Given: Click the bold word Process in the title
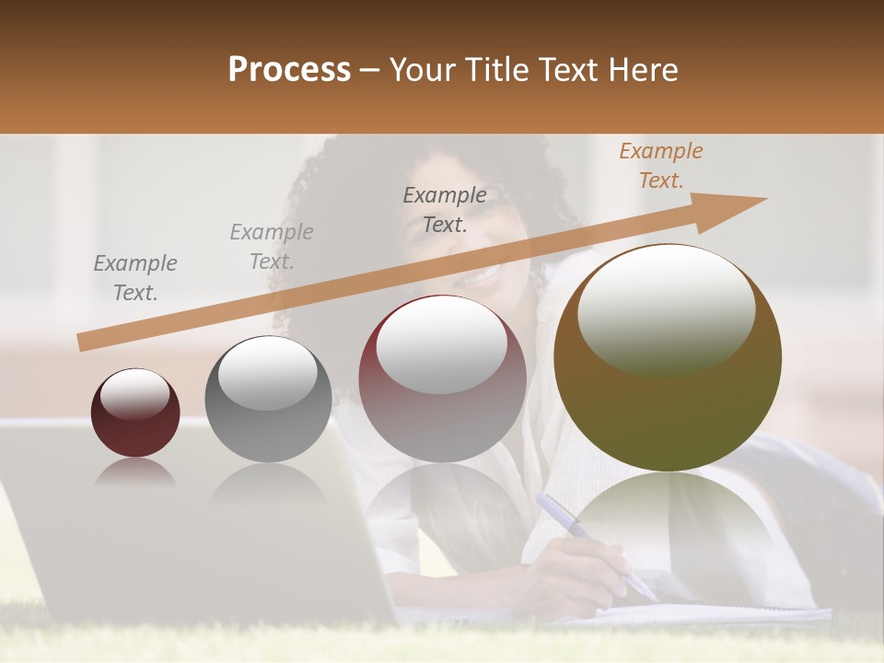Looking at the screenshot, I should tap(289, 70).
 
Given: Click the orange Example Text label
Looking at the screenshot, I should tap(660, 166).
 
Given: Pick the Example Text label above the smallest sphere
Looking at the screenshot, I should tap(134, 278).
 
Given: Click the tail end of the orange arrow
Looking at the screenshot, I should tap(85, 342).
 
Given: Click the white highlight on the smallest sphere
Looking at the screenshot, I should tap(134, 393).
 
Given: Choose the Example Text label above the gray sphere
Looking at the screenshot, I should tap(272, 247).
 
